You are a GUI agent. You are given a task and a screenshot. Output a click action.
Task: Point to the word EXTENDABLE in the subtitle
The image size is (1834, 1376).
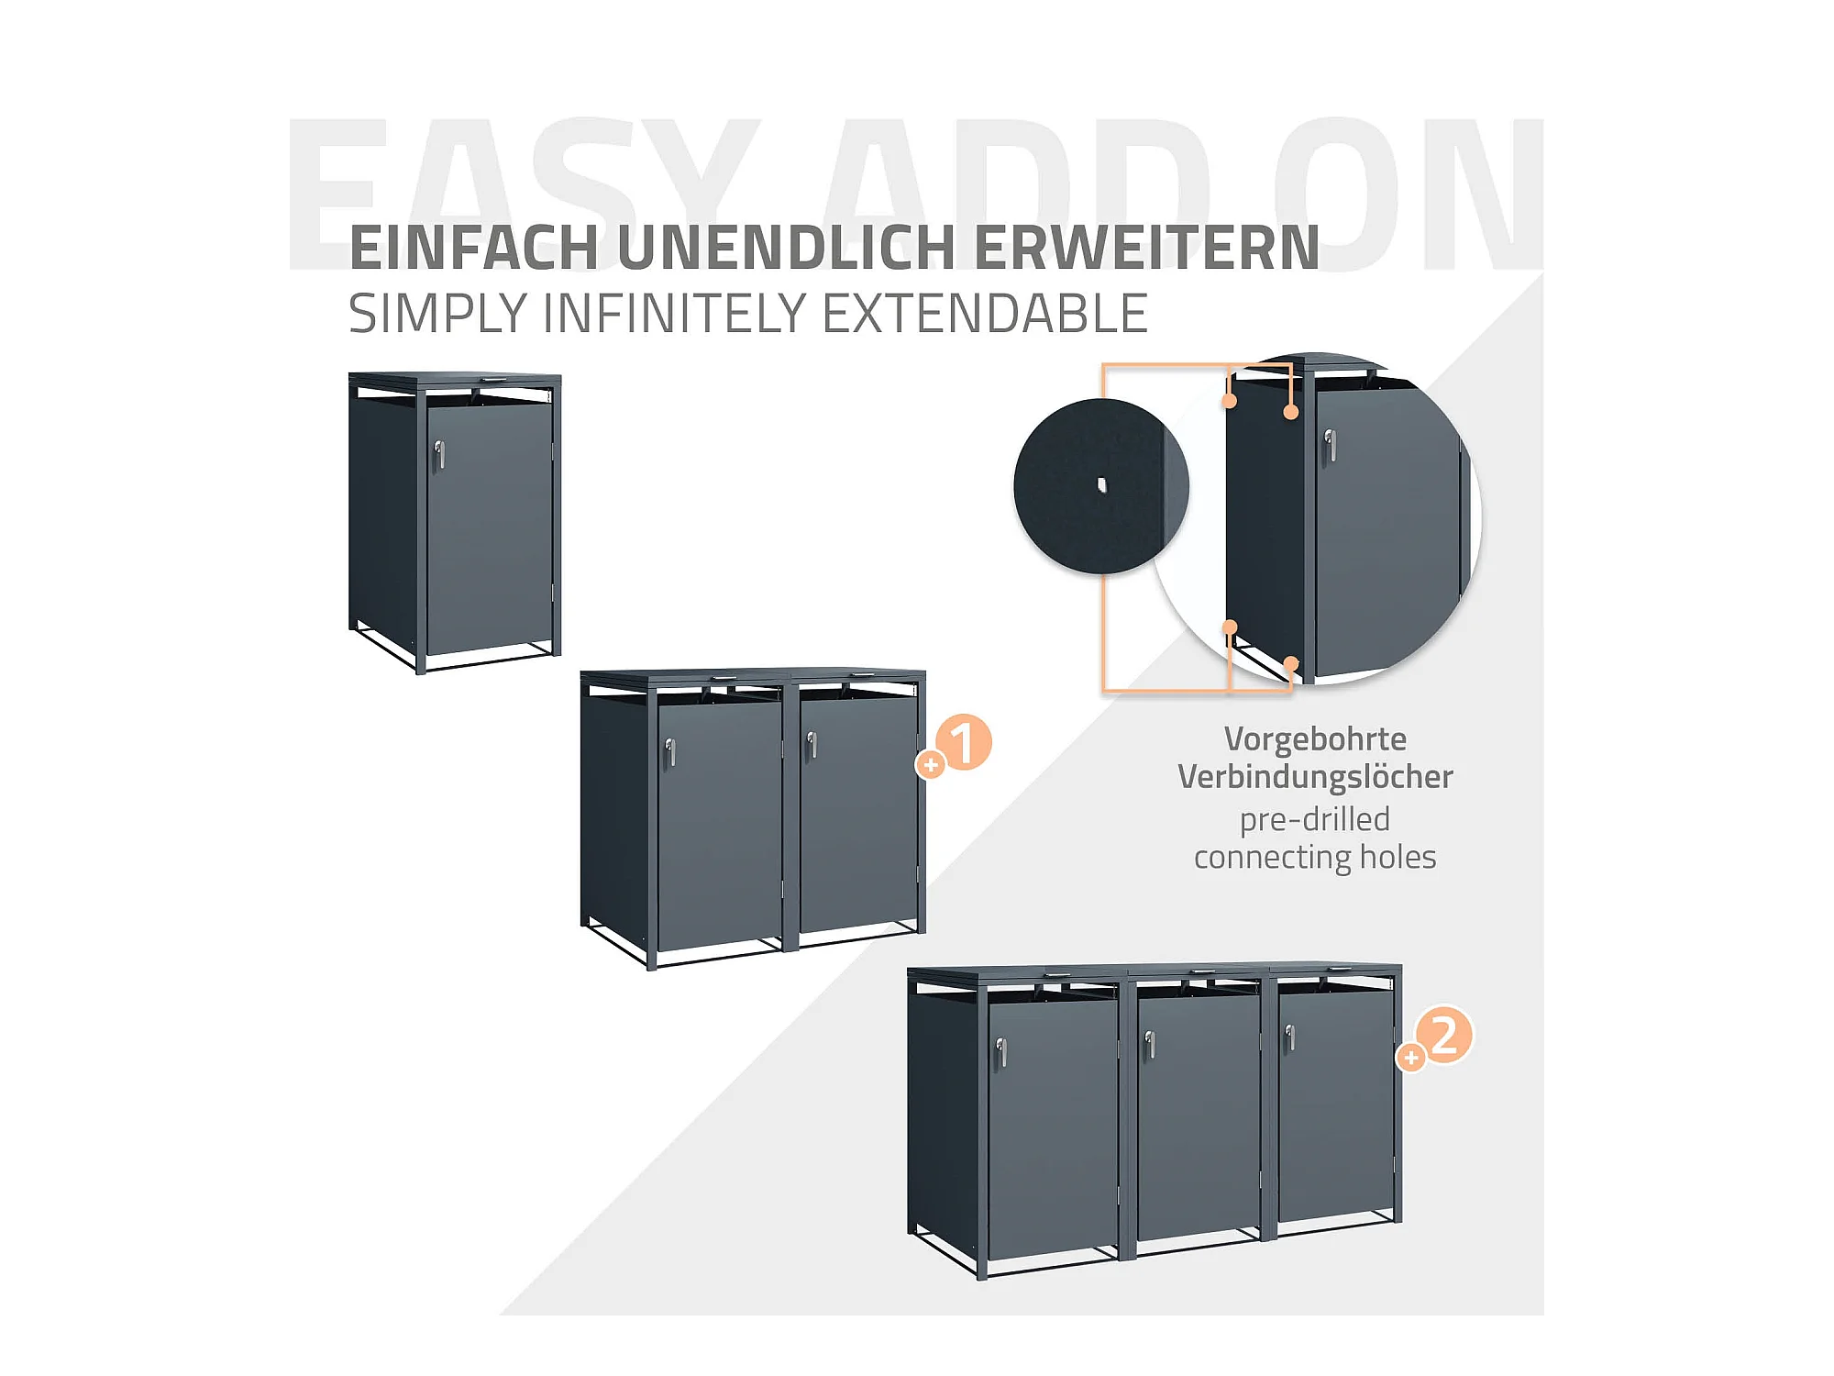(x=985, y=314)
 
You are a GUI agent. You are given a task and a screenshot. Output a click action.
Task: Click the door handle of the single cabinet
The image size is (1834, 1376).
(x=439, y=454)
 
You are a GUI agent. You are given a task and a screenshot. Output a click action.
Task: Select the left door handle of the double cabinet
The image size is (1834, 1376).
(x=670, y=752)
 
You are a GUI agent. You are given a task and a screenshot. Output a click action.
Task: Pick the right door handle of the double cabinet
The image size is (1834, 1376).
(x=812, y=745)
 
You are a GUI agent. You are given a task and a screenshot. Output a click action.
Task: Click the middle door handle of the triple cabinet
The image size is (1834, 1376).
(x=1150, y=1045)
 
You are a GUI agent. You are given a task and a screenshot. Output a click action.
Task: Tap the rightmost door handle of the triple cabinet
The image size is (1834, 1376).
(x=1289, y=1038)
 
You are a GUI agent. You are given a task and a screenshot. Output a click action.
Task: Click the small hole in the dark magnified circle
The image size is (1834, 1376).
(x=1102, y=485)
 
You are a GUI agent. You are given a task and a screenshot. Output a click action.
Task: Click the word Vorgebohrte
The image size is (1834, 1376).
(x=1315, y=738)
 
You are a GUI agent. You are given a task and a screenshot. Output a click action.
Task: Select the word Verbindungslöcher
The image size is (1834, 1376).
(x=1315, y=777)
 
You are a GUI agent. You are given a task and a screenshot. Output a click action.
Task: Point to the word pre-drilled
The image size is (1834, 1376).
(x=1315, y=819)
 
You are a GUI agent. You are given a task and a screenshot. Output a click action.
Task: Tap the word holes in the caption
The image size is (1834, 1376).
(x=1398, y=857)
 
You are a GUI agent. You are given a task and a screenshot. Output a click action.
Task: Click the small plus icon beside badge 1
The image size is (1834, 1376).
(x=931, y=764)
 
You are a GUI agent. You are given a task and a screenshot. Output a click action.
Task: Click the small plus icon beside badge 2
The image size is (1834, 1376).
(x=1410, y=1058)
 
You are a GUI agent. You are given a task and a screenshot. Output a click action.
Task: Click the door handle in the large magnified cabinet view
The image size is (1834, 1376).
(x=1330, y=447)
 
